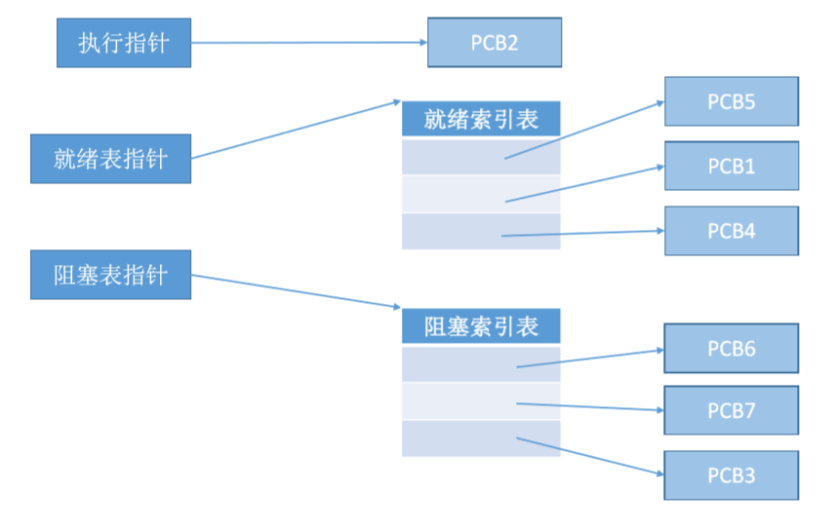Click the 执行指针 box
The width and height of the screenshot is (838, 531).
click(123, 43)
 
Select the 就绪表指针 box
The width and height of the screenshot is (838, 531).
click(110, 158)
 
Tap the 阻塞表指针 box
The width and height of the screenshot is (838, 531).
click(110, 274)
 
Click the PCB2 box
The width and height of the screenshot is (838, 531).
click(495, 43)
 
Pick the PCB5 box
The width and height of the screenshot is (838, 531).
click(731, 101)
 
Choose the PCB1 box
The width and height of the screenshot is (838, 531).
click(731, 166)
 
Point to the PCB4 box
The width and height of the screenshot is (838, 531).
click(731, 231)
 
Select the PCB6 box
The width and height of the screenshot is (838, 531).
click(731, 348)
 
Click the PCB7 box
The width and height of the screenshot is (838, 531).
click(731, 410)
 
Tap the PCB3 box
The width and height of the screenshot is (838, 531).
click(731, 475)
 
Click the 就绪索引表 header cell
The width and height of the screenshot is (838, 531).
click(481, 119)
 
